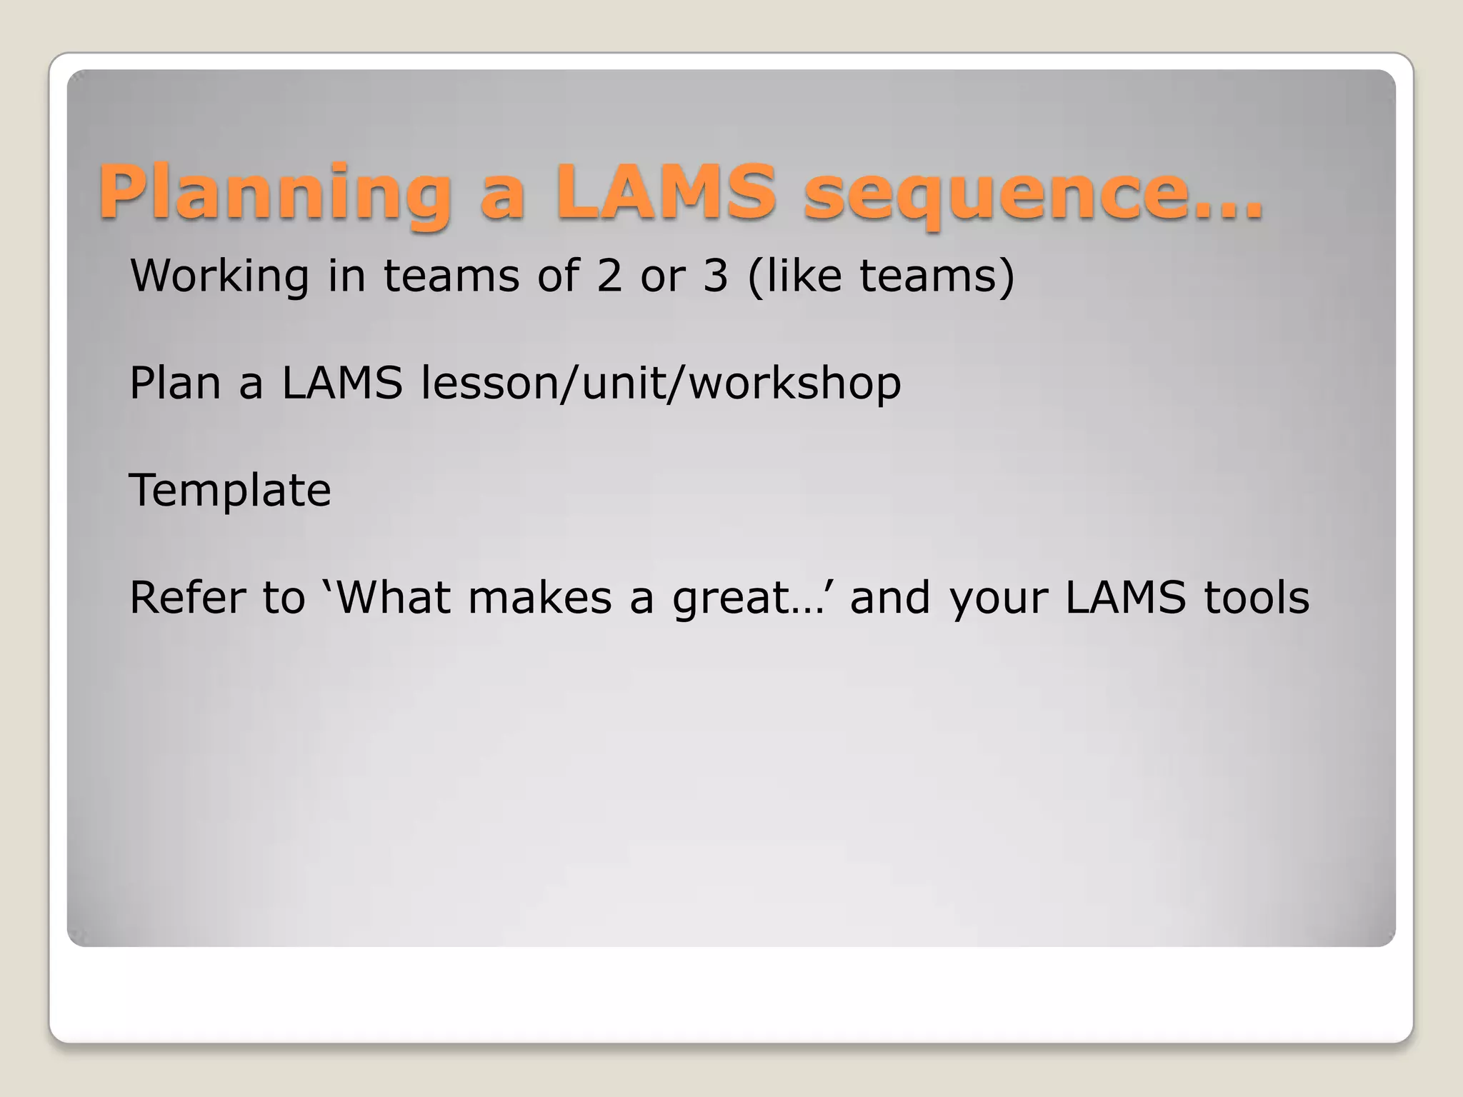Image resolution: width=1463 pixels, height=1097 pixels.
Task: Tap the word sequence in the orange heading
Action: tap(993, 193)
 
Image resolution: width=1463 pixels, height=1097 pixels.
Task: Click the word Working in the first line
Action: tap(219, 276)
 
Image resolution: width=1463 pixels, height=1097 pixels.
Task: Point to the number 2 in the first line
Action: tap(609, 276)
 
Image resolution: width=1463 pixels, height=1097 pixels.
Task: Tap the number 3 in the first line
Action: tap(715, 276)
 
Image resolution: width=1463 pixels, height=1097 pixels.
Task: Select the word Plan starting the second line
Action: tap(175, 384)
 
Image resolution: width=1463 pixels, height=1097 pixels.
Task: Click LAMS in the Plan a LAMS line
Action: tap(342, 384)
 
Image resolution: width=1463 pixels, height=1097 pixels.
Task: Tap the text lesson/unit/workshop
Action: tap(661, 384)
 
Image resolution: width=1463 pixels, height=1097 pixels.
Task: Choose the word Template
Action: tap(230, 491)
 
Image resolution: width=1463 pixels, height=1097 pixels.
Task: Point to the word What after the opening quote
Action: tap(393, 598)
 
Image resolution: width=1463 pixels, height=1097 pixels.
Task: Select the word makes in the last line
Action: tap(540, 598)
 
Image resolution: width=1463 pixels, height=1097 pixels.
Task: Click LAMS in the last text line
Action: tap(1125, 598)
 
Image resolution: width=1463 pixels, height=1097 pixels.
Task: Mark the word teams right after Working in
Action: tap(451, 276)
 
